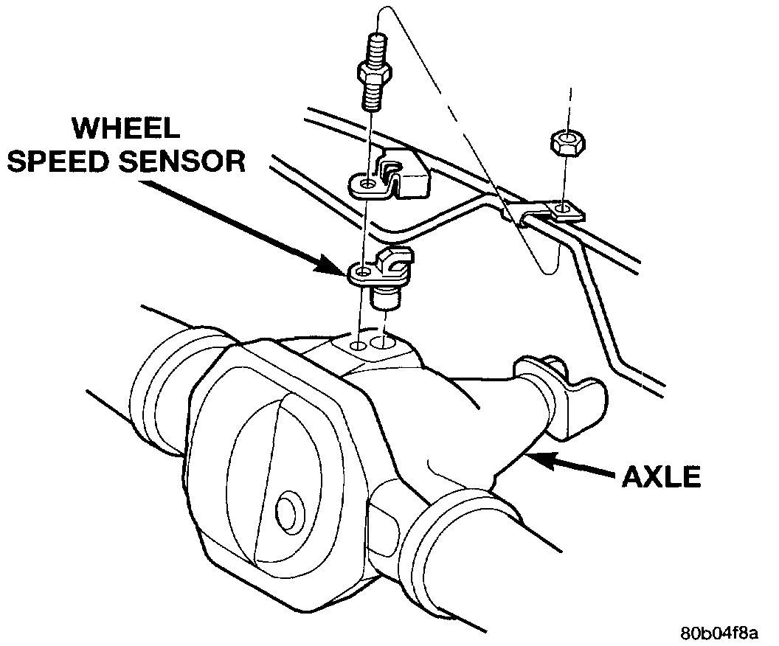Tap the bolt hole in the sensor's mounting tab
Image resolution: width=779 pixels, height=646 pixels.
click(x=361, y=274)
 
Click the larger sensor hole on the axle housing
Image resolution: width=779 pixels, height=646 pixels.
click(x=382, y=342)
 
